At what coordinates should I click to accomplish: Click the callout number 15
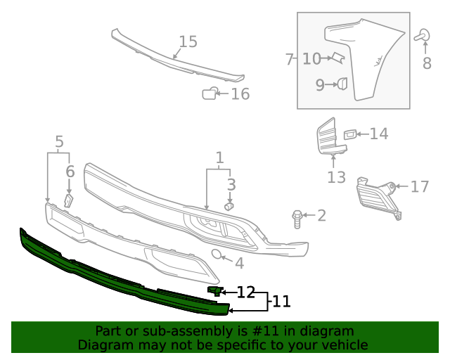click(188, 42)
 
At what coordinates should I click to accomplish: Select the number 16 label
click(240, 94)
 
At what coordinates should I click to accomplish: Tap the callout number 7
click(289, 59)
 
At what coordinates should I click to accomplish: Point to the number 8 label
click(427, 64)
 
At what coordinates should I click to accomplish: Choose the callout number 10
click(311, 59)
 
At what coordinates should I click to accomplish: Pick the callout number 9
click(320, 85)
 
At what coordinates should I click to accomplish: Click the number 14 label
click(378, 134)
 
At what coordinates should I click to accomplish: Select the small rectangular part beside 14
click(350, 134)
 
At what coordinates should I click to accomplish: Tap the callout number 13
click(336, 177)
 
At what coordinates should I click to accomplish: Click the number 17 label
click(419, 187)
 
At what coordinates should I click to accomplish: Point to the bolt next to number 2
click(297, 217)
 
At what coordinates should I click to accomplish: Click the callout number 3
click(231, 185)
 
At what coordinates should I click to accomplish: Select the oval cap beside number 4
click(218, 255)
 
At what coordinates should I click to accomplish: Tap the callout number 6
click(70, 172)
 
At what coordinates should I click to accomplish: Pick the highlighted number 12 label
click(245, 292)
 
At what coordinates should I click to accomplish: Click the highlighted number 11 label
click(281, 302)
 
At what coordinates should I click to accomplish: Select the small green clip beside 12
click(214, 290)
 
